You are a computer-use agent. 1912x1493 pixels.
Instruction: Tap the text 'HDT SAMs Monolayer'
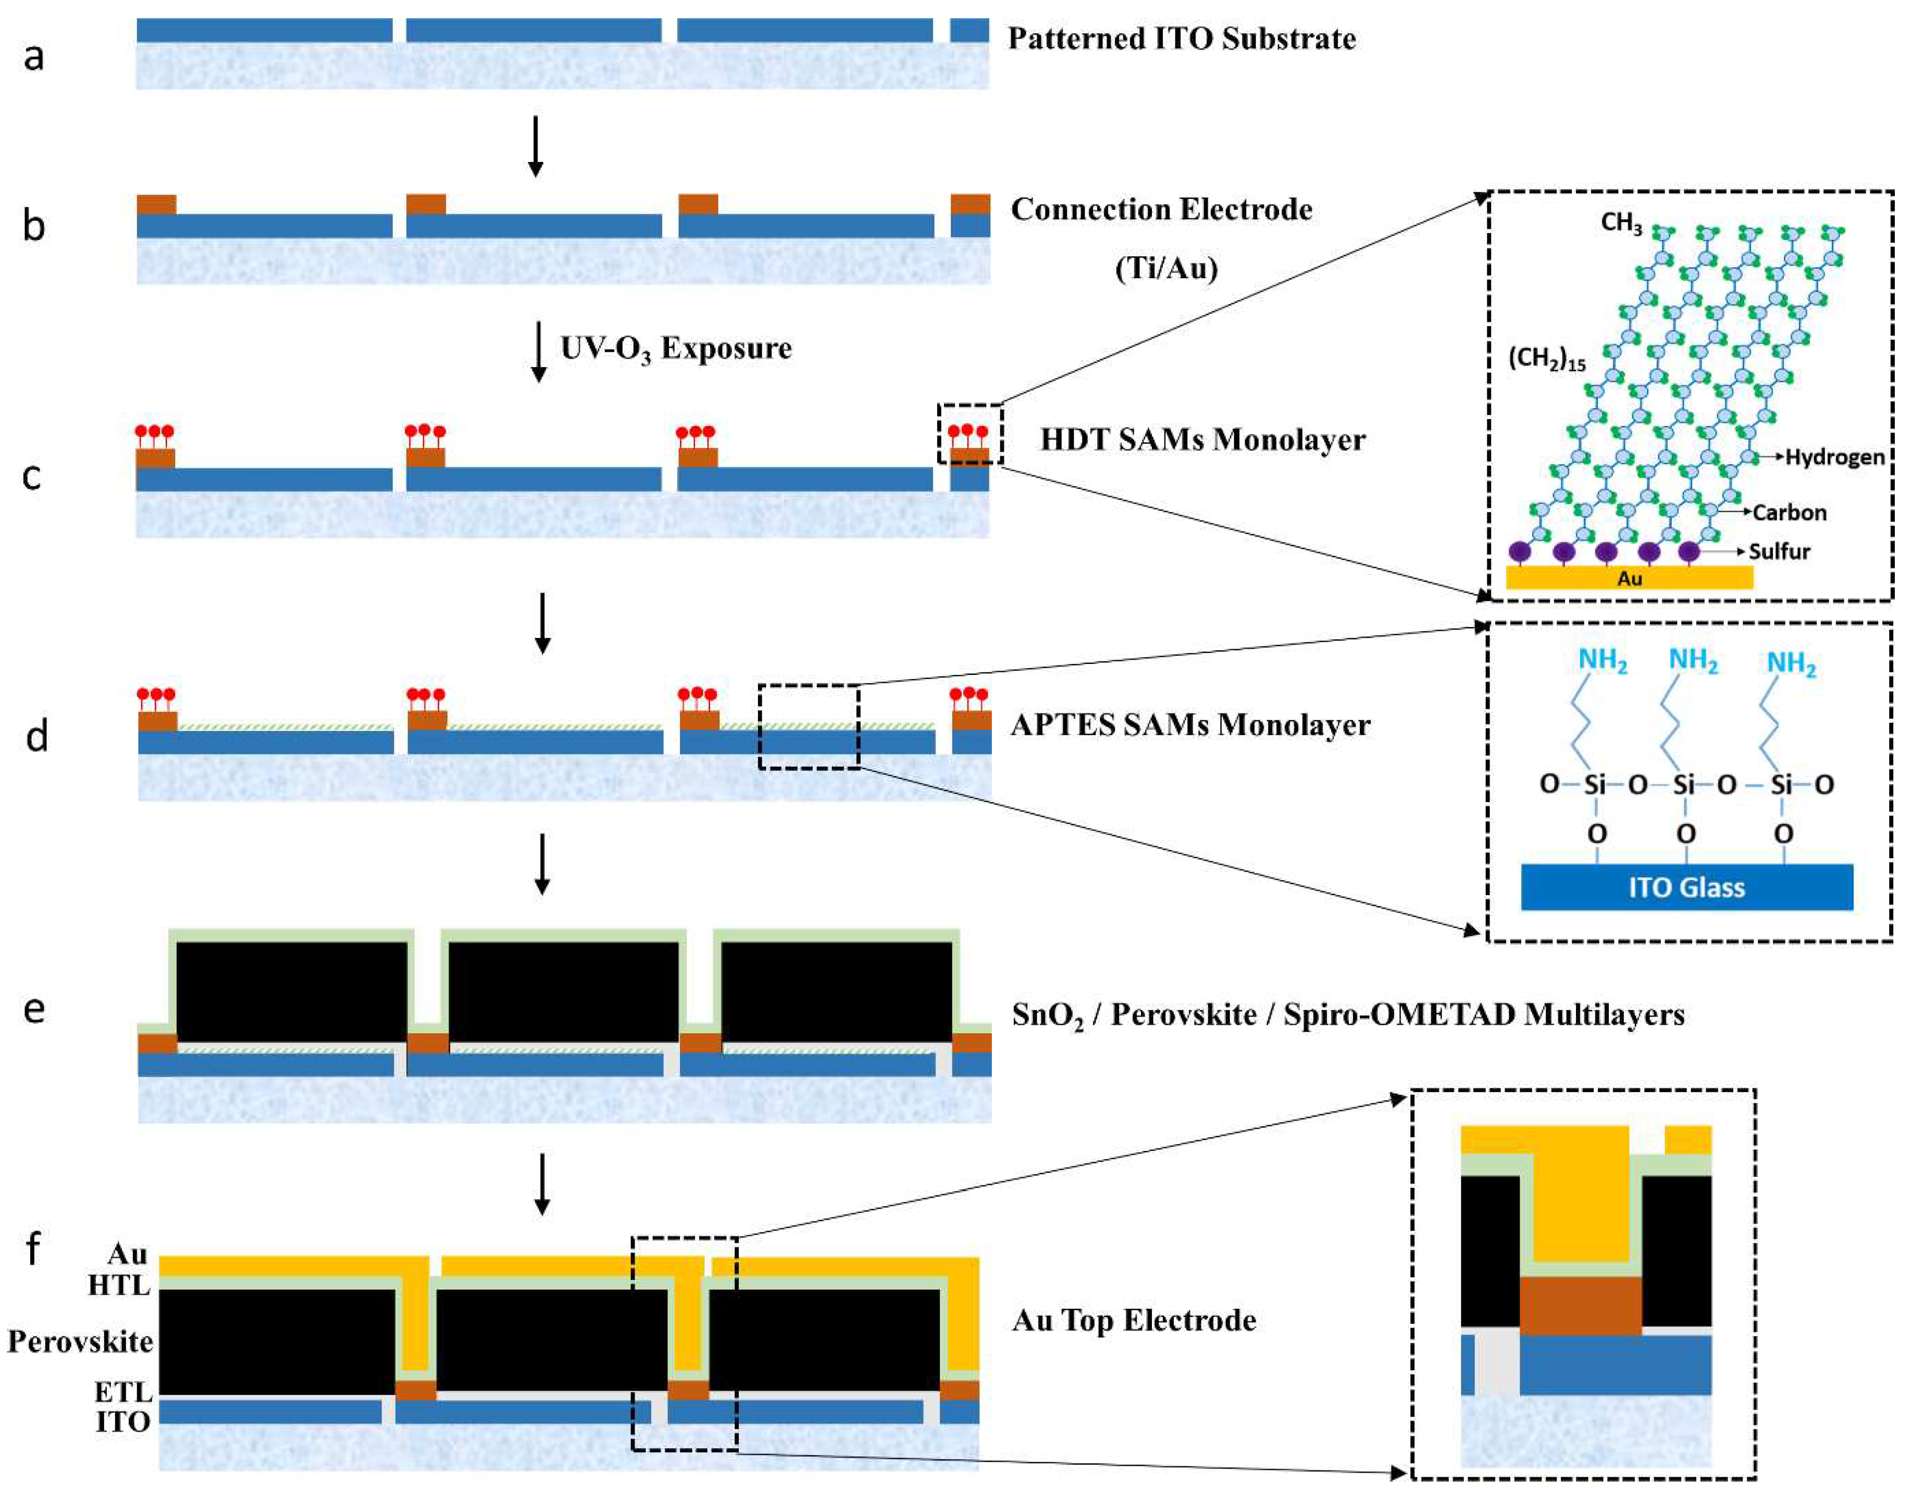coord(1202,440)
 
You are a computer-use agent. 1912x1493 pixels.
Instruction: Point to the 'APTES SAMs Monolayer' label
coord(1190,724)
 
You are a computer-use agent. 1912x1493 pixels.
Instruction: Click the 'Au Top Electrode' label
coord(1134,1320)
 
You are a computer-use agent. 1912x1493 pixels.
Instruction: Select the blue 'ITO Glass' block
coord(1686,887)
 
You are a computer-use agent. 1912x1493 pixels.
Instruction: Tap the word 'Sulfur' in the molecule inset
coord(1779,552)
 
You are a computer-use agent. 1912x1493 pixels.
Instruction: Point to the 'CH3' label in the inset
coord(1620,223)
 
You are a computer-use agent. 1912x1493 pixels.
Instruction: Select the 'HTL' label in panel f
coord(119,1286)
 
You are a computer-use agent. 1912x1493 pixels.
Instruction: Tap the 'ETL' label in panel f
coord(123,1391)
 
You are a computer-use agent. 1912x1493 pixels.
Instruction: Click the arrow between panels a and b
coord(536,146)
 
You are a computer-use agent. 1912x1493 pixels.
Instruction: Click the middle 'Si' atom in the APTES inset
coord(1683,784)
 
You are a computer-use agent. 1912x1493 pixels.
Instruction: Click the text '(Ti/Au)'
coord(1165,268)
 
